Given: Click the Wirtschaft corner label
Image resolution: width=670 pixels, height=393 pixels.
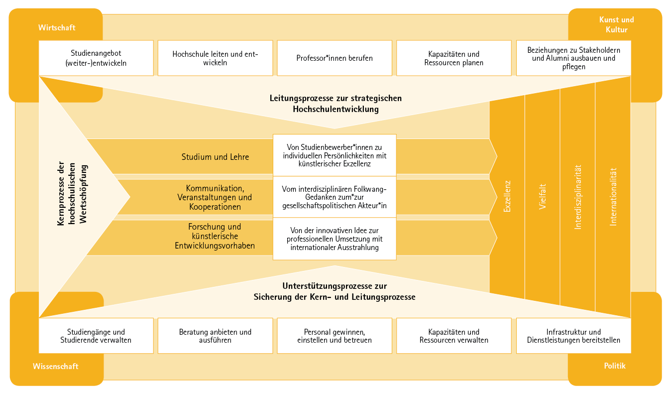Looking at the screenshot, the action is (57, 27).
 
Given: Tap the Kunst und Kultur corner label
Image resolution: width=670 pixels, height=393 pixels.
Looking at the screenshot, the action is (616, 24).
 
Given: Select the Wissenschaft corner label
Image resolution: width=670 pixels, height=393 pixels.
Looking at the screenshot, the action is (56, 366).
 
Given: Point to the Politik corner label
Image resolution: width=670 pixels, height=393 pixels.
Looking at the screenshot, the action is (615, 366).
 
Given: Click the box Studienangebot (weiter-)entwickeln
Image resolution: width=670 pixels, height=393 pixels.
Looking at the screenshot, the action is (96, 58).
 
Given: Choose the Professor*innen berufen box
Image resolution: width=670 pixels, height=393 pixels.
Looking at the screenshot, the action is (335, 58).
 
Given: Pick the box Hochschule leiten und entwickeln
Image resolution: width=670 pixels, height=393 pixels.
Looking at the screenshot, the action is (216, 58).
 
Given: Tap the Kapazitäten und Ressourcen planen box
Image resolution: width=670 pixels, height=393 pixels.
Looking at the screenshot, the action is (454, 58).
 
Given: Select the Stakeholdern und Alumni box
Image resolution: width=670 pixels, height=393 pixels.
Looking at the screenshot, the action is (574, 58).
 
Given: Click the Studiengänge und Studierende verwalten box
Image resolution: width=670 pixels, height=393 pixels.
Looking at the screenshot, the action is (96, 336).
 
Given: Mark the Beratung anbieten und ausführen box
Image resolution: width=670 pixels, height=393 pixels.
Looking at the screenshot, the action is (216, 336).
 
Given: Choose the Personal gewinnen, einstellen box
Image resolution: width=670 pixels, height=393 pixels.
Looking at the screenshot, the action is (335, 336).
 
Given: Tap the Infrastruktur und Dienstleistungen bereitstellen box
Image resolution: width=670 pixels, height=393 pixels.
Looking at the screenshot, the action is (574, 336).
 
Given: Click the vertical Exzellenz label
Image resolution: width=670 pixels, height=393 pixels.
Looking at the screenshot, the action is (507, 196).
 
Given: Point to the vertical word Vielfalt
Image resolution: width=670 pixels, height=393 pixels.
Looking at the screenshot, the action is (542, 196).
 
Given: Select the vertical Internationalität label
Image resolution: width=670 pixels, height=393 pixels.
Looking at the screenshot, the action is (613, 196).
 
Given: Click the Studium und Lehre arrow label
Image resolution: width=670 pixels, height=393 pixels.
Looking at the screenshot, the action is (215, 157).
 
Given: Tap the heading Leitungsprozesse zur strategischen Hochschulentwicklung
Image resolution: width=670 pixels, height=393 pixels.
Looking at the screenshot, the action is (335, 104).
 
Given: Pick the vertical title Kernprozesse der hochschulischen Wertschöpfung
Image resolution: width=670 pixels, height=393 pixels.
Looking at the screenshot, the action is (72, 194).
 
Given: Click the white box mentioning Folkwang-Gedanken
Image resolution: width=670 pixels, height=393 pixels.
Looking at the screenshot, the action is (335, 197).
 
